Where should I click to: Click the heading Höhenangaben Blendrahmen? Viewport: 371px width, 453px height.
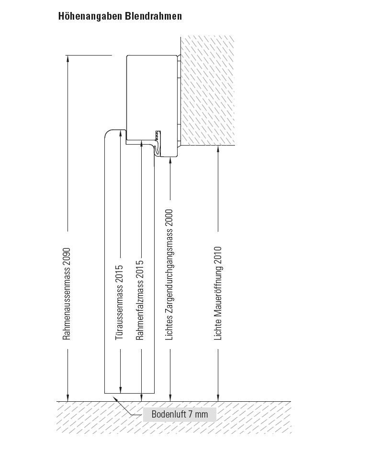tap(120, 16)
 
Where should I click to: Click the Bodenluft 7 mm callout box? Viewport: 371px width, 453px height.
tap(180, 414)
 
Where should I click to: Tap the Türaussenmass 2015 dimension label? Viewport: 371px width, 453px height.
tap(120, 303)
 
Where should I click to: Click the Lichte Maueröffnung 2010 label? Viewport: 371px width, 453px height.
tap(218, 294)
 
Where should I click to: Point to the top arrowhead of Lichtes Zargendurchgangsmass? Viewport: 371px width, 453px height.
tap(170, 159)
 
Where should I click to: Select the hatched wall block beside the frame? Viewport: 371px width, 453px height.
tap(207, 91)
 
